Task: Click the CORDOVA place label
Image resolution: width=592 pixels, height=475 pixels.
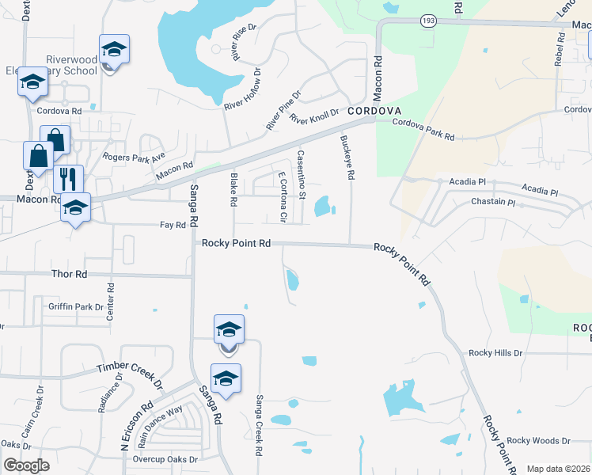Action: tap(376, 111)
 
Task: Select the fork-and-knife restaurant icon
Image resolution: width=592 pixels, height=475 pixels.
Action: tap(69, 178)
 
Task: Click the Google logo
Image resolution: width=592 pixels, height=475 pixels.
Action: tap(26, 465)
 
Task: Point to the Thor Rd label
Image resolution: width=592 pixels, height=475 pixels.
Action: tap(68, 274)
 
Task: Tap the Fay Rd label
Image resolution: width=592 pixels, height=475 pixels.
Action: tap(173, 225)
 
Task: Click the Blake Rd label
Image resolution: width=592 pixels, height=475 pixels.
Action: tap(233, 190)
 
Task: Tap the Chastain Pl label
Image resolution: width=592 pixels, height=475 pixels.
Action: tap(493, 203)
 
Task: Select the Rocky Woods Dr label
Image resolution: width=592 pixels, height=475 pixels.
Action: tap(538, 440)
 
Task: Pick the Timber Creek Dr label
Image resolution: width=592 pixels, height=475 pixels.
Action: tap(129, 374)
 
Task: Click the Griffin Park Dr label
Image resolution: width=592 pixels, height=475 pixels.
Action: tap(75, 306)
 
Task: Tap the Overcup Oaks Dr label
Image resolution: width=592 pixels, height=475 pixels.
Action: tap(165, 459)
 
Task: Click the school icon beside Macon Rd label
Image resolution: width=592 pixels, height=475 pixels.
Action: tap(75, 208)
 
